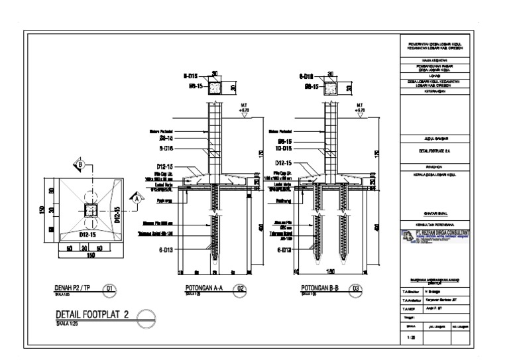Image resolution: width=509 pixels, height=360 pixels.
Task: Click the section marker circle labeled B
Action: point(80,164)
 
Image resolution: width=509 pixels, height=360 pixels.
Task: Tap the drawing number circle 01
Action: point(110,288)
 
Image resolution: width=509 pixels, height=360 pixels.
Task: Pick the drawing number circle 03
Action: point(357,288)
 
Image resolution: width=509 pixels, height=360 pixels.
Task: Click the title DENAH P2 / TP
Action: point(75,288)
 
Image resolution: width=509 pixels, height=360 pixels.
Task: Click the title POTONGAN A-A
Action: point(203,288)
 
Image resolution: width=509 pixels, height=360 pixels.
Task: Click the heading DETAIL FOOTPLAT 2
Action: point(93,316)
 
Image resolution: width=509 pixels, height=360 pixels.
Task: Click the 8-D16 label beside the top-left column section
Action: point(192,76)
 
